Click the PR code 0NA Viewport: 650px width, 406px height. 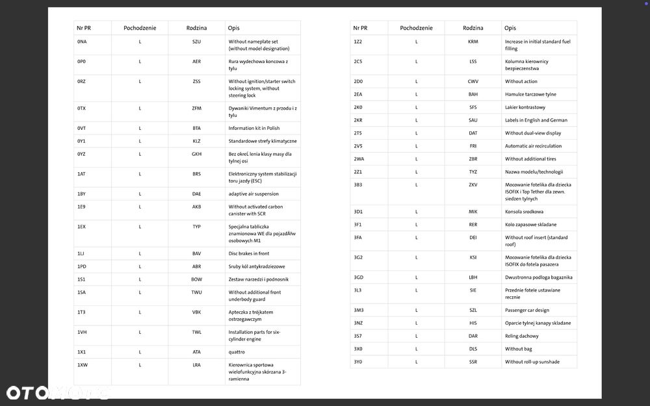pos(82,42)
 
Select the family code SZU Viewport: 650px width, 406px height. pos(196,42)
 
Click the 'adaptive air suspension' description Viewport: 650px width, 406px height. pos(253,194)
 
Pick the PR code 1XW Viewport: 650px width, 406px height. pos(82,365)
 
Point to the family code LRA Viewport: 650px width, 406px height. pos(196,365)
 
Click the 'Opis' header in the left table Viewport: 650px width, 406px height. pos(234,28)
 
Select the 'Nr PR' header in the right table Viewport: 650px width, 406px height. pos(360,28)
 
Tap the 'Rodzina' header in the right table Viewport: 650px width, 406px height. pos(473,28)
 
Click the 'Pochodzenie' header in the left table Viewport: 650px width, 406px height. pos(140,28)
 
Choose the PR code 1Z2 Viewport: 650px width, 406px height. pos(358,42)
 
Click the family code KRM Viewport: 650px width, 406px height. pos(473,42)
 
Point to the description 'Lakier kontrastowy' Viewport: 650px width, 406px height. pos(525,107)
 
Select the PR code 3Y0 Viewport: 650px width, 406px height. pos(358,362)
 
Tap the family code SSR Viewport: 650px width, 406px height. pos(473,362)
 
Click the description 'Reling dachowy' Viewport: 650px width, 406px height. pos(522,336)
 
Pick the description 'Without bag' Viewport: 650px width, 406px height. pos(518,349)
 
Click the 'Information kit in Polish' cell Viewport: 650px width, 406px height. pos(254,128)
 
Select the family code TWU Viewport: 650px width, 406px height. pos(196,292)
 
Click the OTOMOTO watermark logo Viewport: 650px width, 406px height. pos(57,392)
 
